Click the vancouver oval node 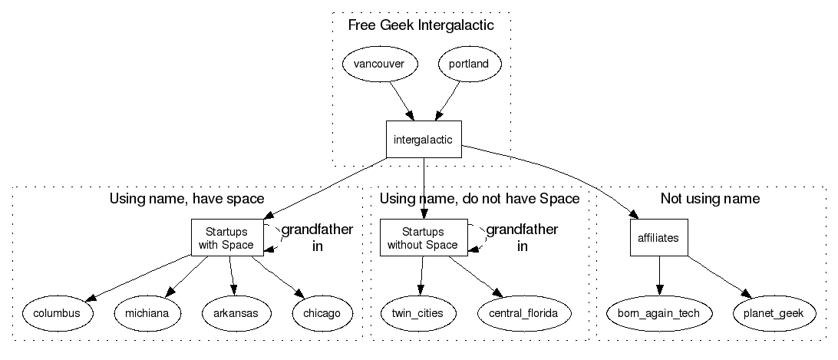tap(379, 64)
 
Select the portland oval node tap(468, 64)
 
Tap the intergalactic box tap(423, 140)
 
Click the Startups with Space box tap(226, 238)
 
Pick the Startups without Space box tap(423, 238)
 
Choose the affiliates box tap(658, 238)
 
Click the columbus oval tap(58, 313)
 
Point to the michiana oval tap(147, 313)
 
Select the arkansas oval tap(236, 313)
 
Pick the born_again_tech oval tap(658, 313)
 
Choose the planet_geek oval tap(774, 313)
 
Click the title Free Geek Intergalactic tap(421, 25)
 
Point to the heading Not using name tap(710, 199)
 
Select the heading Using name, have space tap(187, 199)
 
